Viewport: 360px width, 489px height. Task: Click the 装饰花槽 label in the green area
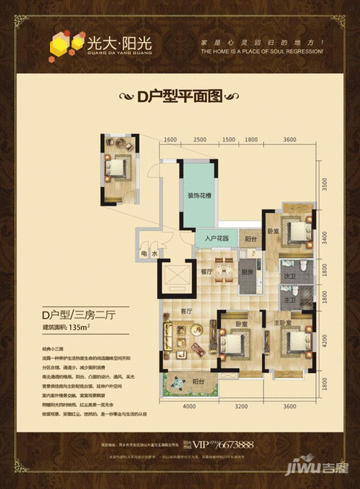coord(198,195)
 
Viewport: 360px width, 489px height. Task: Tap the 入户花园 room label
coord(216,239)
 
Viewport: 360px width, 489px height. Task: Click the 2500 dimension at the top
coord(199,139)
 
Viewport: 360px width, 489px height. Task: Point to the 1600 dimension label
coord(170,139)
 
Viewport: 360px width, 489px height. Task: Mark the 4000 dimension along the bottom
coord(190,407)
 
